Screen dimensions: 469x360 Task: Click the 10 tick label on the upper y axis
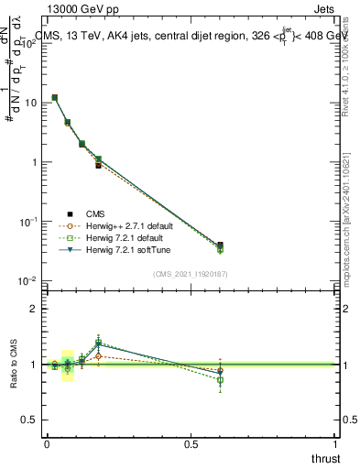pyautogui.click(x=32, y=103)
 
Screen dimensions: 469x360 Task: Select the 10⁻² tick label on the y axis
pyautogui.click(x=30, y=280)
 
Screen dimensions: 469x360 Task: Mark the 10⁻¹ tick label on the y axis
pyautogui.click(x=30, y=222)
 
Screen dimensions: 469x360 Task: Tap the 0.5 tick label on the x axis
pyautogui.click(x=191, y=444)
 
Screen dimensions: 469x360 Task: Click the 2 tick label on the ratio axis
pyautogui.click(x=35, y=309)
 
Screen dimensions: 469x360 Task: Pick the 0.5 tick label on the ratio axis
pyautogui.click(x=30, y=420)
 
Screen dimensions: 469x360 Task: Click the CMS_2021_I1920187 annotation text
pyautogui.click(x=190, y=273)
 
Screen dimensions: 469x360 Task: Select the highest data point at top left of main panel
pyautogui.click(x=55, y=97)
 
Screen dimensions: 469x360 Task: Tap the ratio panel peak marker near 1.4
pyautogui.click(x=98, y=342)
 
